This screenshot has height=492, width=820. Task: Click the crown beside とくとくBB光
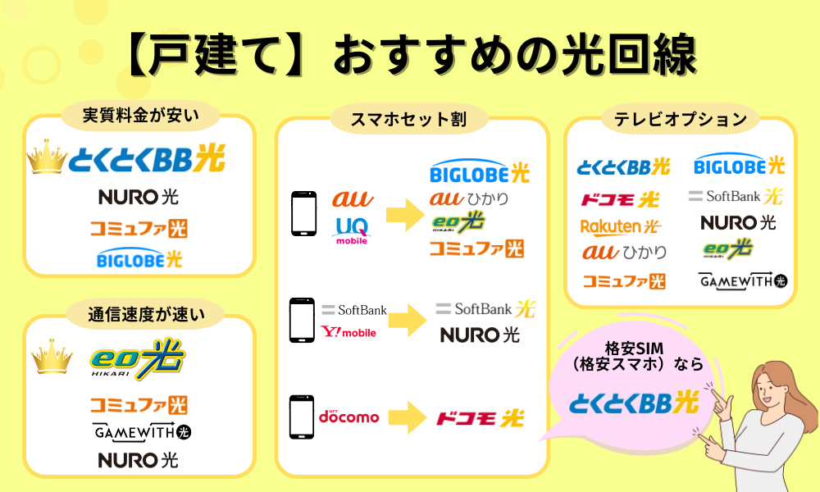point(47,158)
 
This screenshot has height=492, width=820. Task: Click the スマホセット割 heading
point(408,120)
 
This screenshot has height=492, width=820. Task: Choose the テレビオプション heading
point(681,120)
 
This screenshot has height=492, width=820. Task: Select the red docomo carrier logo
point(348,417)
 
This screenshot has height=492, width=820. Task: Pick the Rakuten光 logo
point(620,225)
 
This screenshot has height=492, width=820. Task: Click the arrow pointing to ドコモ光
point(401,417)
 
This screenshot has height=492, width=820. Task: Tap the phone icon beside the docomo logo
point(301,417)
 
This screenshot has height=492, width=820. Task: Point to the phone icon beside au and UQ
point(303,215)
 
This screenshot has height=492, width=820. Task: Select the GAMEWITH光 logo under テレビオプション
point(743,281)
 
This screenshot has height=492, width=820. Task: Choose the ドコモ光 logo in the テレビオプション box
point(620,199)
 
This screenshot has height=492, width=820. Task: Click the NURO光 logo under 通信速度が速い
point(138,459)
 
